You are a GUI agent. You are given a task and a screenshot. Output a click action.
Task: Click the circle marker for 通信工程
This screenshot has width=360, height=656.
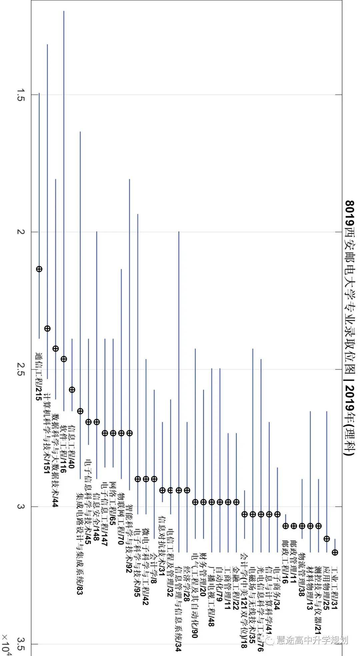click(39, 269)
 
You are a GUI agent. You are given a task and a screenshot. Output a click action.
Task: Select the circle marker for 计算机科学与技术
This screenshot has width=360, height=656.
click(47, 328)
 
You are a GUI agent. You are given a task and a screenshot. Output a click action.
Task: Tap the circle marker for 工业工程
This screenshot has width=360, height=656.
click(335, 552)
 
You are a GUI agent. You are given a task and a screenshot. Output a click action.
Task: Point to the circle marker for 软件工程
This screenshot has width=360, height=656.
click(64, 359)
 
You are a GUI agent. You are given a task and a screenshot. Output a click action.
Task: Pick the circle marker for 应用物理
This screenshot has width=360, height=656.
click(327, 539)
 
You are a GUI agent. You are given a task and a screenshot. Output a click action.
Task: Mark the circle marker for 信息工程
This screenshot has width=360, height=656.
click(72, 390)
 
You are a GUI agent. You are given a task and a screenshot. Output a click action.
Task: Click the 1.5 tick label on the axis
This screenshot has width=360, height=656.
click(21, 95)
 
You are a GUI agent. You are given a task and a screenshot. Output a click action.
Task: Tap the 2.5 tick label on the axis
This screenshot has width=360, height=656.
click(21, 369)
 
